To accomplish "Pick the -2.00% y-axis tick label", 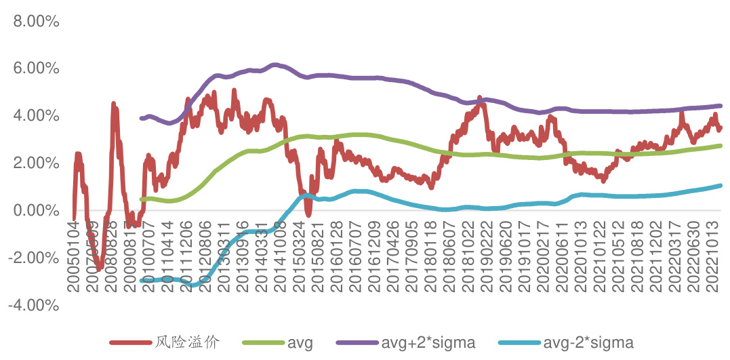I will tap(31, 258).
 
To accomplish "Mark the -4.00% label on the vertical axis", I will tap(31, 305).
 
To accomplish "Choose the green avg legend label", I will tap(300, 343).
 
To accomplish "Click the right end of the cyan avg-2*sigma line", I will tap(721, 185).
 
